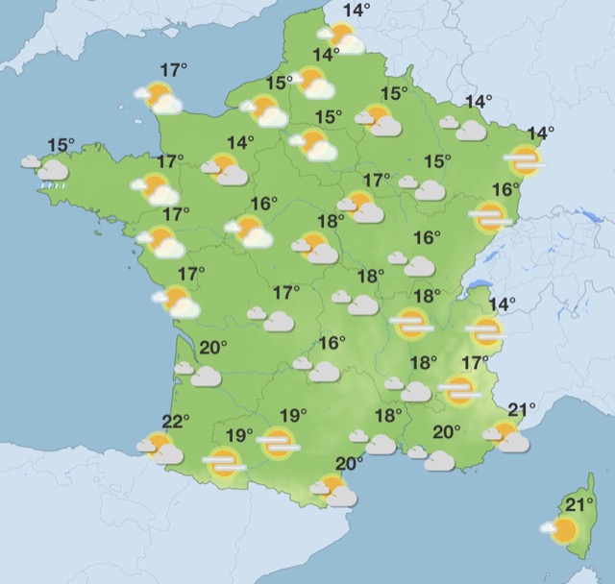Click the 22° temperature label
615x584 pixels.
(x=175, y=421)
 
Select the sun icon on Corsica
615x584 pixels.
(x=562, y=529)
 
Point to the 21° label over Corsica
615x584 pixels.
(x=579, y=503)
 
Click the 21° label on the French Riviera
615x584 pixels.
(x=521, y=411)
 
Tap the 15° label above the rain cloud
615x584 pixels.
(x=61, y=146)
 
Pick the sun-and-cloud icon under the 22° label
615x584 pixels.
(x=160, y=448)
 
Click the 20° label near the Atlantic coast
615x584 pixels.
(x=212, y=348)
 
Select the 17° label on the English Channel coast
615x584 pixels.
(x=174, y=70)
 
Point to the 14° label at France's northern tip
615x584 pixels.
(x=357, y=11)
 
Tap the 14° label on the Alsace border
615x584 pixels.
(x=541, y=133)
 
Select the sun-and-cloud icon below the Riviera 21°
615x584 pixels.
(x=507, y=437)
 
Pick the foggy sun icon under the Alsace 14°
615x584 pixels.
(x=526, y=160)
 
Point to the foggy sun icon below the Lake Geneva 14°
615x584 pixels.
(x=485, y=332)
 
